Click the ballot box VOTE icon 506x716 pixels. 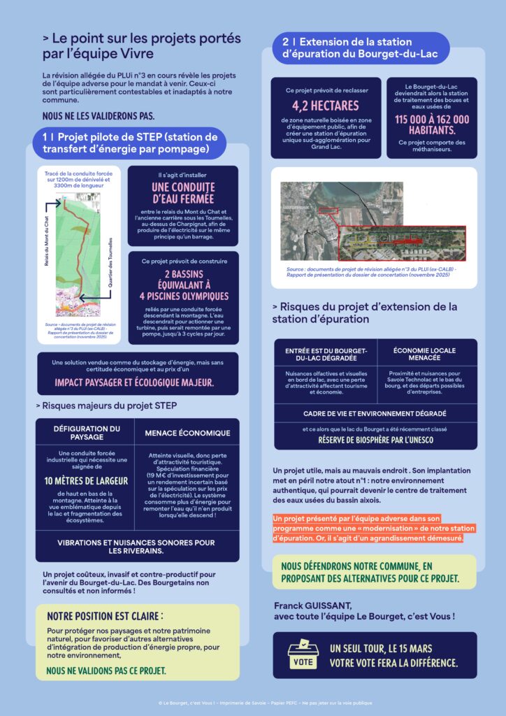(303, 656)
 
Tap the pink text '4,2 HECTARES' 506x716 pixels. (325, 106)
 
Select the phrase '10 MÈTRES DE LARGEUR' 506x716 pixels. (85, 480)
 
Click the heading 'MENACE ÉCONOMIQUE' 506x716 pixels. (187, 433)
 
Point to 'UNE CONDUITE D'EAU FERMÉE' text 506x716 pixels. (183, 193)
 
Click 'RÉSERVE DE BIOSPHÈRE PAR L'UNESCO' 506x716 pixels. (375, 440)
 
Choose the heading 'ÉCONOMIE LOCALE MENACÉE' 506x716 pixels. (426, 355)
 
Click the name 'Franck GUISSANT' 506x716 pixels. (310, 605)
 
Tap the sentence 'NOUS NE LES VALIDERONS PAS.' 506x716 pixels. (98, 115)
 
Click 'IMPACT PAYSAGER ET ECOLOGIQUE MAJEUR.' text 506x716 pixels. (135, 382)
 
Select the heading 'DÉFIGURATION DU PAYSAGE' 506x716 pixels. (86, 432)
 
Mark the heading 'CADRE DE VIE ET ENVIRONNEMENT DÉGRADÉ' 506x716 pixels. (375, 413)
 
